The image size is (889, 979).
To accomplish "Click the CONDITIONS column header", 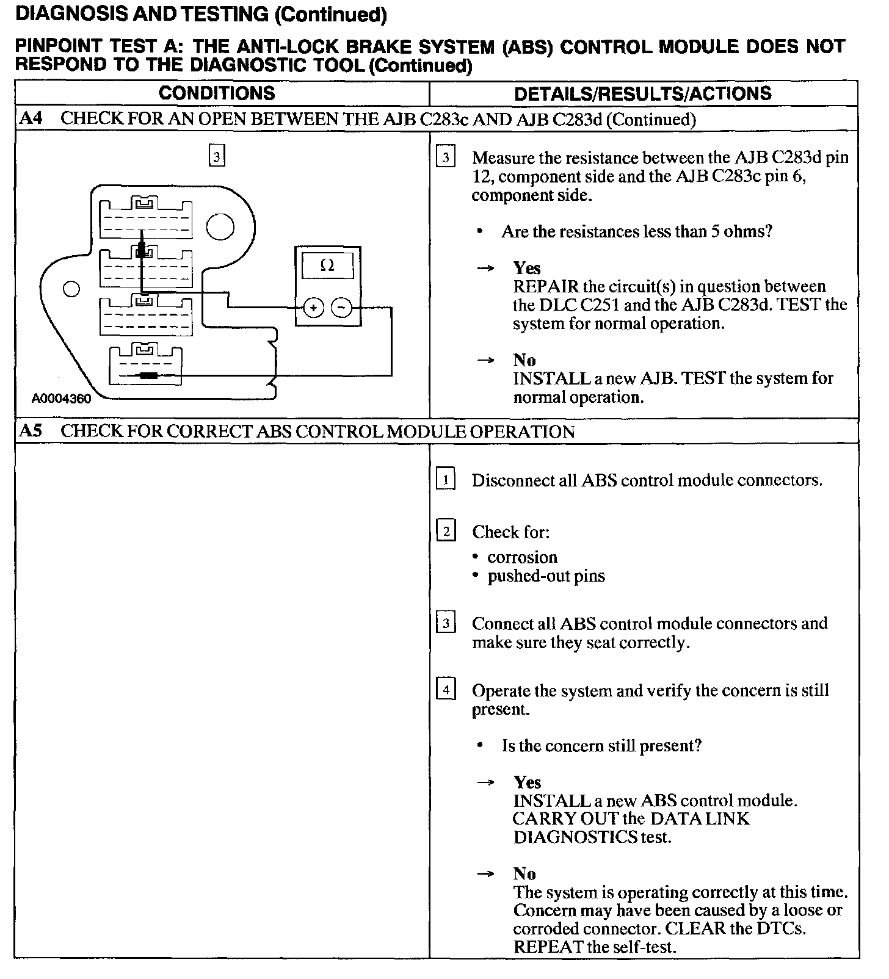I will [x=217, y=93].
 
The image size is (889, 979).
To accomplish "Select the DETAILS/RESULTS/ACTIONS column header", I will [x=643, y=93].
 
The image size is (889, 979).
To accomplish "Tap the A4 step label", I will [x=31, y=118].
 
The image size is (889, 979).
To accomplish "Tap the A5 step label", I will [x=31, y=431].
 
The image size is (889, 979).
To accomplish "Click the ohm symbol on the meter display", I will [x=327, y=266].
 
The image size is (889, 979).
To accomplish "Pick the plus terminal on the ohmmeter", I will [x=313, y=308].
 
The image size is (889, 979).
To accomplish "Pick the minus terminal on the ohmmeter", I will [x=341, y=308].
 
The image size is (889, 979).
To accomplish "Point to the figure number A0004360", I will [x=62, y=399].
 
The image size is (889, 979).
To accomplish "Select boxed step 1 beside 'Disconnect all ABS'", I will [x=446, y=480].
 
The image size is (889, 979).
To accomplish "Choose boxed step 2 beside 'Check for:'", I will [x=446, y=532].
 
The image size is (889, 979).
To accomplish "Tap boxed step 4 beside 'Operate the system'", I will [x=446, y=690].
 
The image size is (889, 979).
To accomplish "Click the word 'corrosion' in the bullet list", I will [x=522, y=557].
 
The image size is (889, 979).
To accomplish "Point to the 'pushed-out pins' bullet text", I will [x=546, y=576].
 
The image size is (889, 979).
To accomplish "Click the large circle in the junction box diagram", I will [x=220, y=228].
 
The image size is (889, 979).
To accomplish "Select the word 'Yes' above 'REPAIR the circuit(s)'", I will [x=526, y=268].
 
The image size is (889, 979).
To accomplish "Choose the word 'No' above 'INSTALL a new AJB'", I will [x=524, y=360].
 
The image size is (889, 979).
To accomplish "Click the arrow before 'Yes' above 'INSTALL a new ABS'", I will [x=485, y=782].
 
